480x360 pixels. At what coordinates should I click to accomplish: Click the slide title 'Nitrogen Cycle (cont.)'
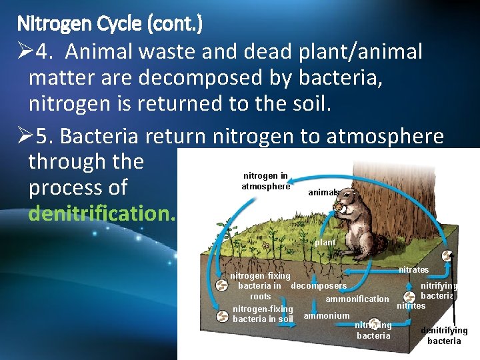109,25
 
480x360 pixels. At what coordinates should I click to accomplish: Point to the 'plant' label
325,243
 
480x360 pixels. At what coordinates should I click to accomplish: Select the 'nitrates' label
413,270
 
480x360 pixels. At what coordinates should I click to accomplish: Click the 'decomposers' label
319,286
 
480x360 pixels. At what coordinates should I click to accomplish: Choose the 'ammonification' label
357,299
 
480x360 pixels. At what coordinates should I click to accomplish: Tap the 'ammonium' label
326,315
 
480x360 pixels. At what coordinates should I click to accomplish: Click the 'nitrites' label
411,306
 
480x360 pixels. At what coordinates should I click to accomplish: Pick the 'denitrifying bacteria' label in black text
444,335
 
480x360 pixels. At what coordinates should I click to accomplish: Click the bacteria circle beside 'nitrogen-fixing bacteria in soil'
221,315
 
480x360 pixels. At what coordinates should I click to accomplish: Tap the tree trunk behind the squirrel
400,193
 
